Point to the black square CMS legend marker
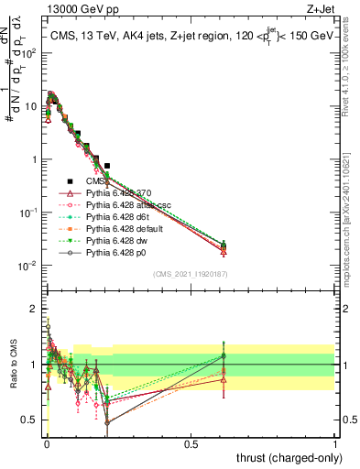[70, 181]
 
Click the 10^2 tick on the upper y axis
[27, 52]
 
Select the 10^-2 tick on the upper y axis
[27, 266]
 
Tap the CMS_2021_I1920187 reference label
[190, 274]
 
